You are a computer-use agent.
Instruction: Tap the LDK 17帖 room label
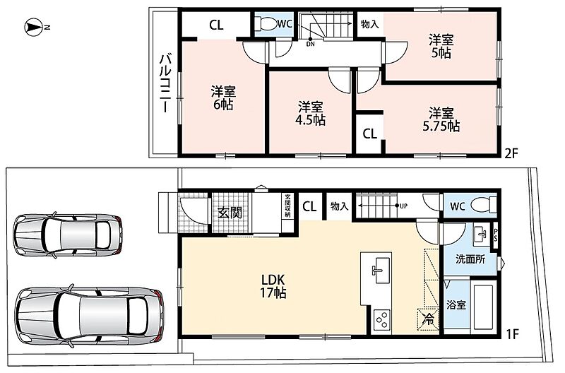(273, 286)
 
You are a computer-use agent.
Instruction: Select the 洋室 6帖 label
(223, 97)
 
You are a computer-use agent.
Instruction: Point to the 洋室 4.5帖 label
(310, 113)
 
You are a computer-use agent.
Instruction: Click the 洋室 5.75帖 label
(441, 119)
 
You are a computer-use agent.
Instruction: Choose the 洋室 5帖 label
(441, 46)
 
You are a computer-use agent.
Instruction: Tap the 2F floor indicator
(511, 154)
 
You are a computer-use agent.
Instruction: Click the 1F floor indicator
(512, 334)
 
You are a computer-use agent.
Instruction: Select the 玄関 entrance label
(230, 213)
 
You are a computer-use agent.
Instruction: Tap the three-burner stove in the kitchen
(381, 319)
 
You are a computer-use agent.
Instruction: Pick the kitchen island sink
(377, 271)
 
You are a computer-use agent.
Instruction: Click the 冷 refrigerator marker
(429, 319)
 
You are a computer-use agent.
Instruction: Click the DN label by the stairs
(310, 45)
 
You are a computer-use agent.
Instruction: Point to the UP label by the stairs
(403, 206)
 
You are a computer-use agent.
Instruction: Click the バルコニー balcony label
(165, 83)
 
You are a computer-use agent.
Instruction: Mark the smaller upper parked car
(68, 235)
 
